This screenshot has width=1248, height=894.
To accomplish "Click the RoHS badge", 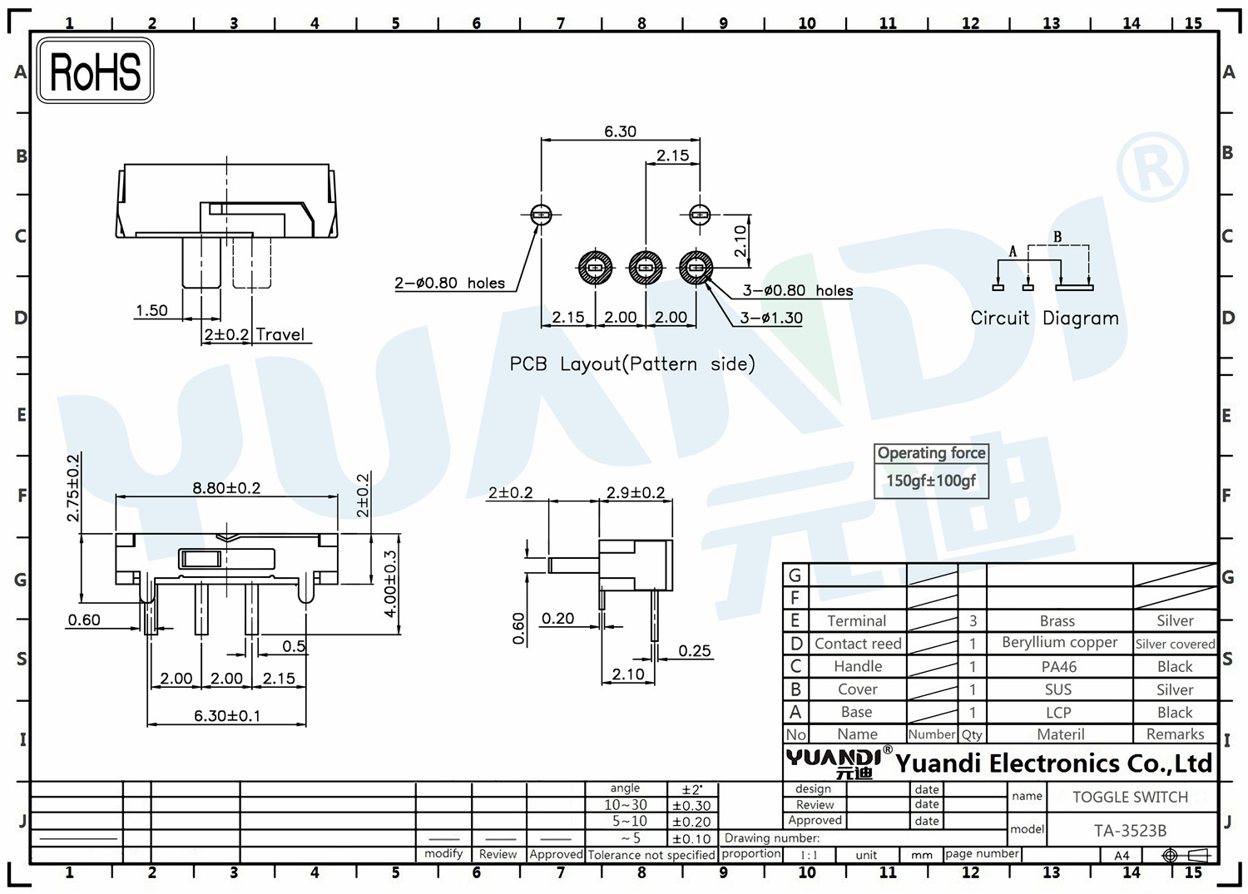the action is (96, 71).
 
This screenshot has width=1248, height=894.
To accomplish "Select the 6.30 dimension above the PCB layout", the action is (620, 131).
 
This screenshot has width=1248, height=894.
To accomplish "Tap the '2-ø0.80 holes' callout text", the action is (449, 283).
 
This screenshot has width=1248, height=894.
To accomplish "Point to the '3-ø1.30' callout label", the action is (771, 318).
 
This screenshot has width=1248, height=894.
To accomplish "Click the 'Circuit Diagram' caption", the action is (1045, 318).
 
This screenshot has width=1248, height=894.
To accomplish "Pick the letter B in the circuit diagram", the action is (1057, 237).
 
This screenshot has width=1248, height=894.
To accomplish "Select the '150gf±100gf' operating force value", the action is (931, 480).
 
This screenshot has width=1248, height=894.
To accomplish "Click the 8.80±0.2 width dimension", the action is (226, 488).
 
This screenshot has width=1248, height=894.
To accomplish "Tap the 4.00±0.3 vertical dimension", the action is (390, 584).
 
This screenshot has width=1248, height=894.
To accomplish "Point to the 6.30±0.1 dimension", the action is (227, 715).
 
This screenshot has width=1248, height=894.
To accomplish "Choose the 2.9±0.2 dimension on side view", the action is (636, 492).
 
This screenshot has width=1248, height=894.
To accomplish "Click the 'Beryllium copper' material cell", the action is (1060, 643).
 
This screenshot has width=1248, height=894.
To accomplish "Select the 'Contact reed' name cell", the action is (858, 644).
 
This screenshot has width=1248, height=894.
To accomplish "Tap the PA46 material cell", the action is (1058, 666).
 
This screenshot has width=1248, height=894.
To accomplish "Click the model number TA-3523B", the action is (1130, 831).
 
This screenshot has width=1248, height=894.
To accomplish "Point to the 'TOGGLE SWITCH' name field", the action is (1130, 797).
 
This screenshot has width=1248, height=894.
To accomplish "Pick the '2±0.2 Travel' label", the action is (254, 335).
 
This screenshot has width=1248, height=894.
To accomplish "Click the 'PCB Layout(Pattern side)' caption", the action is (632, 363).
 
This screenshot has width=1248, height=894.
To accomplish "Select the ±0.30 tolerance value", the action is (691, 806).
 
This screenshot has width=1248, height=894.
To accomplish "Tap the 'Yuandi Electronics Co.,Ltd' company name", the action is (1053, 763).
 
